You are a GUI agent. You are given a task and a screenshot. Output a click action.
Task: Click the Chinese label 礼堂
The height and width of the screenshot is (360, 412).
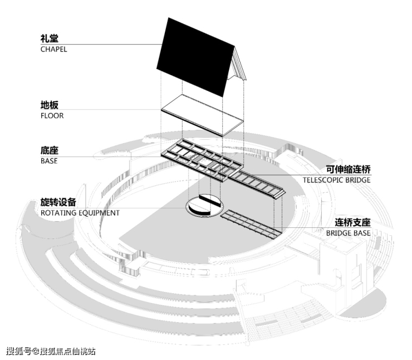49,39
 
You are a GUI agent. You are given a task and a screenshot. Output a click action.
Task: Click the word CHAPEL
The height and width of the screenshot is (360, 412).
53,49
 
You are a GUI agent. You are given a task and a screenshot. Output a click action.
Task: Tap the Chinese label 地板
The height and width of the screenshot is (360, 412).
49,105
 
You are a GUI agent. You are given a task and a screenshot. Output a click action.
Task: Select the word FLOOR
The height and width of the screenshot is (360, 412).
52,116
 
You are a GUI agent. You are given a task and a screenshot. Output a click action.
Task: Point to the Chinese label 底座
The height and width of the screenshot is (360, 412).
49,151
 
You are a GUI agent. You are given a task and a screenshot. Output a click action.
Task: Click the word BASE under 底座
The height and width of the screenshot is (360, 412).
49,161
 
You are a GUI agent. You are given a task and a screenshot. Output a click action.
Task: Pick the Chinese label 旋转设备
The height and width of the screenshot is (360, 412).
58,202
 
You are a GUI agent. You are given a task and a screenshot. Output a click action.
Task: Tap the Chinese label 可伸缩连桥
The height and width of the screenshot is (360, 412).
349,169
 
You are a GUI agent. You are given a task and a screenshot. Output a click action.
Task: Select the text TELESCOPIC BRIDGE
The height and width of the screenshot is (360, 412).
337,180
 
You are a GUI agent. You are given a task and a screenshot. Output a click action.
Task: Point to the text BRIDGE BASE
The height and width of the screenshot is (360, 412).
348,233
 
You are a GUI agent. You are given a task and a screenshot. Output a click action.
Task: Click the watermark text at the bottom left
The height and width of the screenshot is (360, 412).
50,351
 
